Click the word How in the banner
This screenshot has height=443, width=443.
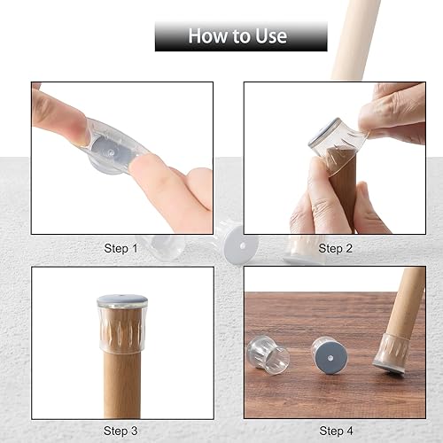[206, 36]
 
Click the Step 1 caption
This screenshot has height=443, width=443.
[121, 249]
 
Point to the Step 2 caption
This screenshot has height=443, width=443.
[336, 249]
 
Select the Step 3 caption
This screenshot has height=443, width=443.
[121, 431]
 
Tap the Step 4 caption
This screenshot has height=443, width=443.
[336, 431]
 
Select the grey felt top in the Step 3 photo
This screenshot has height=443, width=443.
[122, 300]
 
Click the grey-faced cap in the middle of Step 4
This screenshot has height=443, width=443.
[326, 354]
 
